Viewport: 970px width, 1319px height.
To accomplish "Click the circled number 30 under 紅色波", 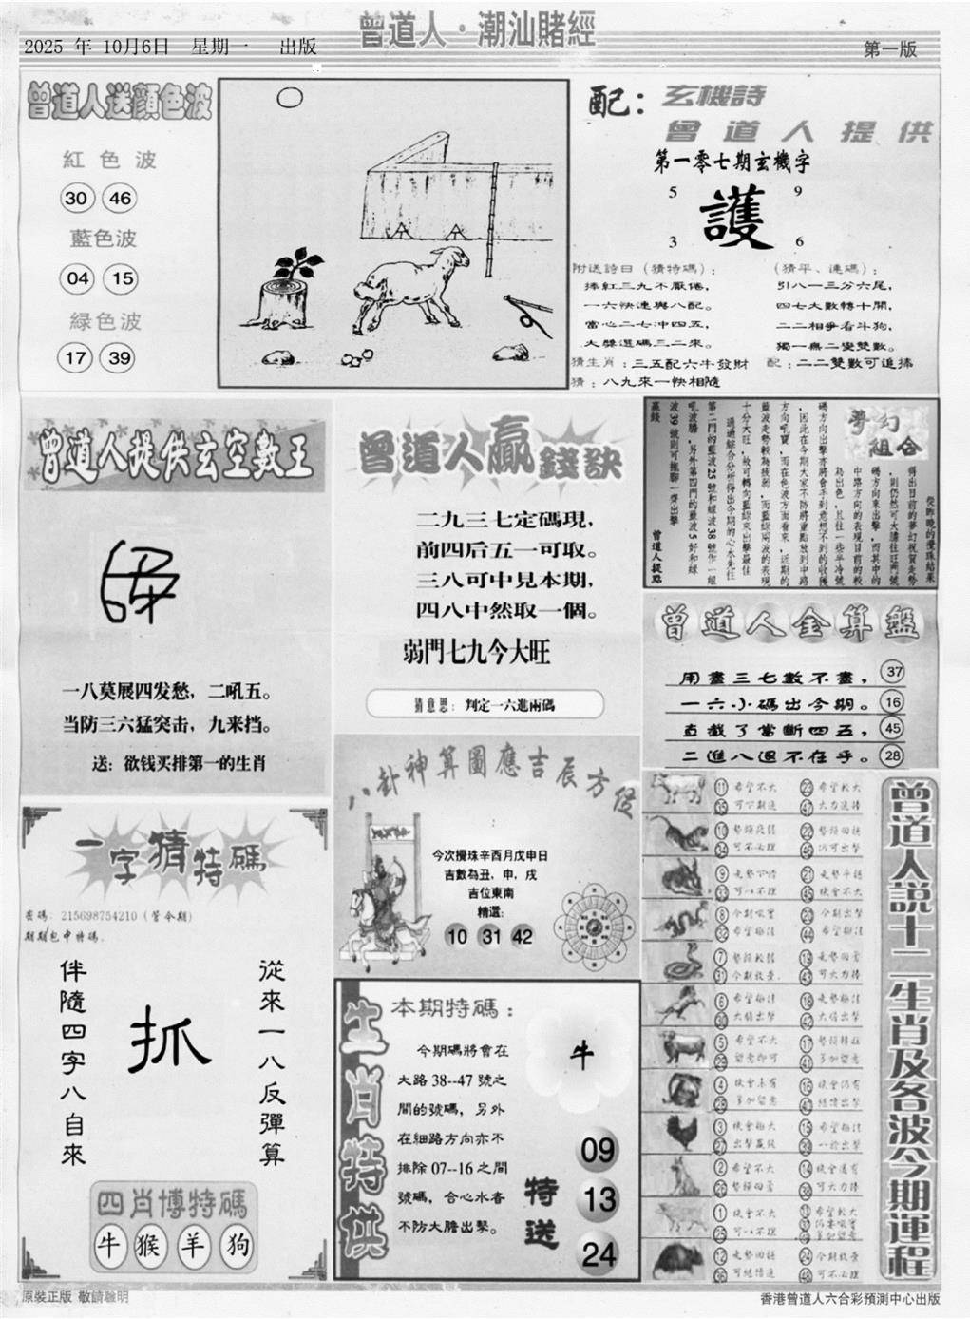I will coord(75,199).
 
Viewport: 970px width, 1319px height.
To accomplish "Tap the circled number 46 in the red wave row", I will coord(121,199).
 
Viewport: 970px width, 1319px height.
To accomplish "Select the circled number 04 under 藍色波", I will coord(77,278).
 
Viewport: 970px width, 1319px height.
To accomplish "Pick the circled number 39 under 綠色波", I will coord(121,358).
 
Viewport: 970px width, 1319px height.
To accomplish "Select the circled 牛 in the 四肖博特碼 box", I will coord(109,1243).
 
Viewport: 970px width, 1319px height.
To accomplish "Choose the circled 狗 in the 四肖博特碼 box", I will coord(235,1243).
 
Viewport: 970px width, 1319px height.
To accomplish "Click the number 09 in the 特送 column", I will coord(599,1151).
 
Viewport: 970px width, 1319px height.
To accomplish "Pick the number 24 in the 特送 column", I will coord(599,1254).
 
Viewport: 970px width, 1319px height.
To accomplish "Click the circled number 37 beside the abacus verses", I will coord(892,673).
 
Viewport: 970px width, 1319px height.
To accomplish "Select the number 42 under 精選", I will coord(522,936).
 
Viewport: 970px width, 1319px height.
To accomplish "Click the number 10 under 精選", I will coord(457,936).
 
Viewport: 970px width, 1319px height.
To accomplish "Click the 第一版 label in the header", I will coord(890,50).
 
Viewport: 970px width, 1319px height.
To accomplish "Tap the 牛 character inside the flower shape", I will coord(580,1054).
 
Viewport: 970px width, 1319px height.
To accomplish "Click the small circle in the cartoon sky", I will coord(290,98).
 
